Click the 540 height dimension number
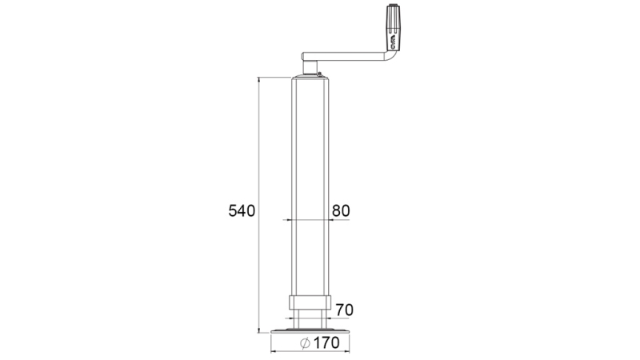(x=241, y=211)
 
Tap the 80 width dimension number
(x=340, y=210)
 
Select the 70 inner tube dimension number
(x=345, y=310)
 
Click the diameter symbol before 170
(x=304, y=343)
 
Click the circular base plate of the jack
(x=311, y=331)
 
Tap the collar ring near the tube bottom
(x=310, y=305)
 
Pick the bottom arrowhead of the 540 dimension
(x=259, y=330)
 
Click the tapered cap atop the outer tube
(x=310, y=78)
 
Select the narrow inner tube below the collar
(x=310, y=321)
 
